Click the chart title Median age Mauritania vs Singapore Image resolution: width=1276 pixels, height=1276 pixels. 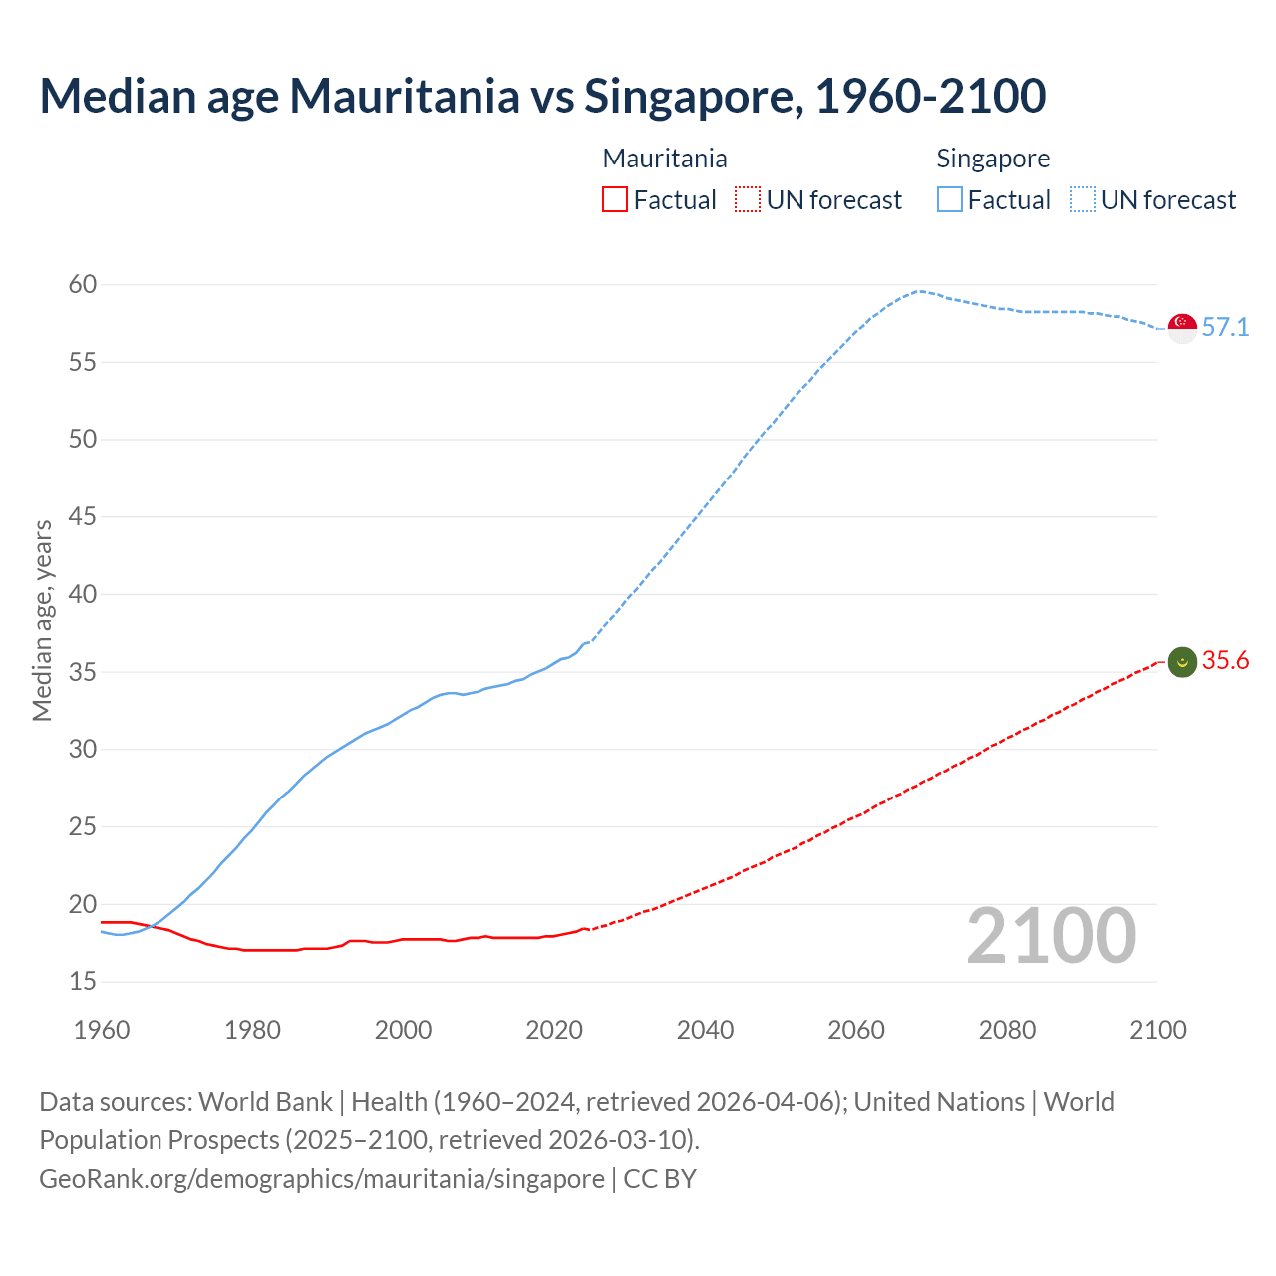tap(542, 96)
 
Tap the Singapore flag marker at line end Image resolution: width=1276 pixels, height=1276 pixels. tap(1182, 327)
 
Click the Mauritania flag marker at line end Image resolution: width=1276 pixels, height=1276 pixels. tap(1182, 661)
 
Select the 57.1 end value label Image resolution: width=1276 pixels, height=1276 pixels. tap(1225, 327)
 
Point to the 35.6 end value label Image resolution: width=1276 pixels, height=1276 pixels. tap(1225, 661)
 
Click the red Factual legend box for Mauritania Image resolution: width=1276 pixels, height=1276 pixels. tap(615, 200)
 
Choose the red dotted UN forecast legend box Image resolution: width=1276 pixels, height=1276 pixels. tap(748, 200)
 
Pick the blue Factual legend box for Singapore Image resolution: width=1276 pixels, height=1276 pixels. tap(950, 200)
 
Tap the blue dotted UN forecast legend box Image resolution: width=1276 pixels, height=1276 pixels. tap(1083, 200)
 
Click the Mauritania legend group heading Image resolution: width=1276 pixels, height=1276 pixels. tap(665, 159)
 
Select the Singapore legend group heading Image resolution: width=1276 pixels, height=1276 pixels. tap(993, 159)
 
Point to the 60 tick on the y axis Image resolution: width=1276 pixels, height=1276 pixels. tap(83, 285)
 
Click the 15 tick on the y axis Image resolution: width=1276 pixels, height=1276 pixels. tap(83, 982)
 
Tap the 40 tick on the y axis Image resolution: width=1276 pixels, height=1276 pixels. tap(83, 594)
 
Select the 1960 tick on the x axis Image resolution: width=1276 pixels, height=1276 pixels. tap(102, 1030)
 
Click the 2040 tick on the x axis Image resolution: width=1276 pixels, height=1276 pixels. tap(705, 1030)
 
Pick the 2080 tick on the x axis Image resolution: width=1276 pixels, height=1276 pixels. tap(1007, 1030)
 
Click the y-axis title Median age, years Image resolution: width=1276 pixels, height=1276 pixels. tap(42, 620)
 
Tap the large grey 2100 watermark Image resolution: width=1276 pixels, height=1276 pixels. tap(1051, 936)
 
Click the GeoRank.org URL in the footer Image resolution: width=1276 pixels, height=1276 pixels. tap(321, 1179)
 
